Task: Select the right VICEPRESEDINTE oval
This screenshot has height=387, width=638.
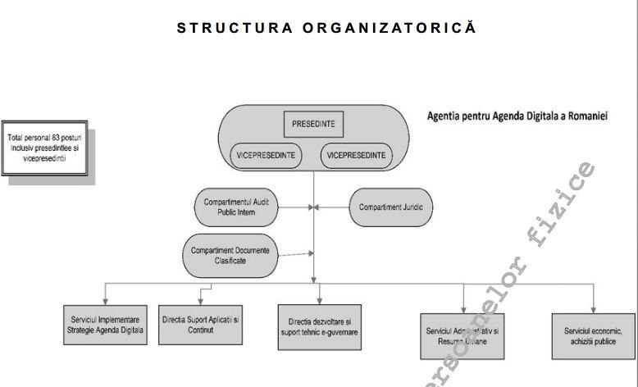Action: [357, 155]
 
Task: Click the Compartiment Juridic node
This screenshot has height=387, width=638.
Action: [390, 207]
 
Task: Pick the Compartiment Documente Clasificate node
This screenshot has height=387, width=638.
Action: [229, 255]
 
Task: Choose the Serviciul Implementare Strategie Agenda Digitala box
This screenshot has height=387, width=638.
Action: [106, 326]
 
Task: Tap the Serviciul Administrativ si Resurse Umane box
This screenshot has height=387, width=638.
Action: [463, 335]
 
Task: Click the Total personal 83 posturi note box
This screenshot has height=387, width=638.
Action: [47, 153]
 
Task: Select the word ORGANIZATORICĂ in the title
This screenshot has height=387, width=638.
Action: [390, 28]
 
